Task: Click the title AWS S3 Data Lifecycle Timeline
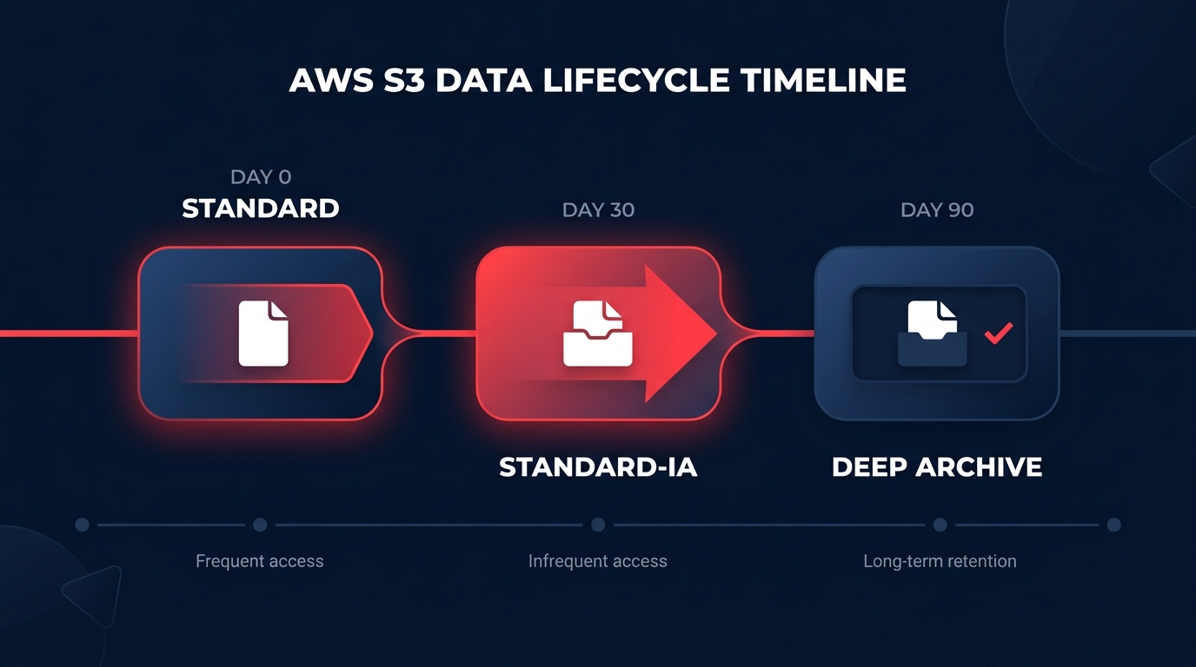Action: pos(597,80)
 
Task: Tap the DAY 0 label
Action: pos(261,177)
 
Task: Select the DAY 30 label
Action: pos(598,210)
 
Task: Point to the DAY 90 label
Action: pos(937,210)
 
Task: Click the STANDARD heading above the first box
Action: pos(261,208)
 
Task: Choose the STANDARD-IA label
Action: pos(598,467)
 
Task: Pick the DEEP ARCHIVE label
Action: pos(937,467)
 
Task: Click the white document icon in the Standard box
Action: pos(264,333)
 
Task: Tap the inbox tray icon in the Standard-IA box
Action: pos(597,333)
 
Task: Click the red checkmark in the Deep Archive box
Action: pos(999,333)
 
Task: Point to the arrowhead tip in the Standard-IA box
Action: pos(714,333)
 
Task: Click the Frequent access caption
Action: pos(260,561)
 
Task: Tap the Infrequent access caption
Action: pos(598,561)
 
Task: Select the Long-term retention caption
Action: pos(940,561)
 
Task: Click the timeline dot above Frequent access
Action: pos(260,525)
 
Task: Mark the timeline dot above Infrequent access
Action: pos(598,525)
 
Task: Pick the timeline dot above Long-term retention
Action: pos(940,525)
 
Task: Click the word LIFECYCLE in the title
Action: pos(635,80)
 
